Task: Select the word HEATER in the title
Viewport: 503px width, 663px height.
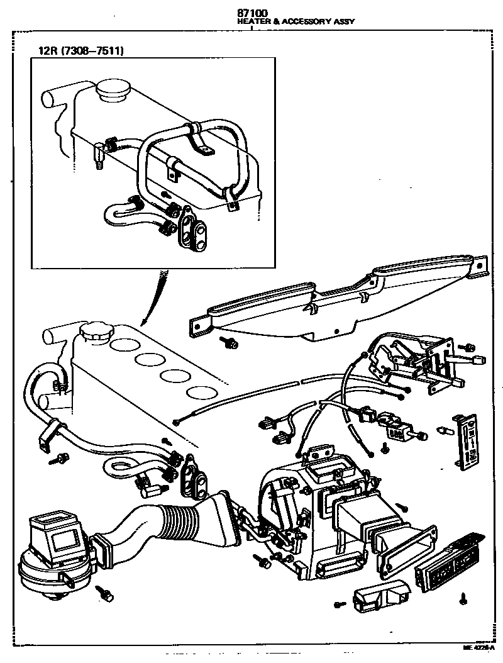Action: click(250, 21)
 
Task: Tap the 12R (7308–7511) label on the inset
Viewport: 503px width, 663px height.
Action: click(79, 50)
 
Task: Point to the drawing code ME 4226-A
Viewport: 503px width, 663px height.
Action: click(478, 647)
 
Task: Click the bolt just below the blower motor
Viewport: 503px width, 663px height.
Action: click(106, 593)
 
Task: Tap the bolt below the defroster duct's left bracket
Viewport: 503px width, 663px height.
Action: click(228, 343)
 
